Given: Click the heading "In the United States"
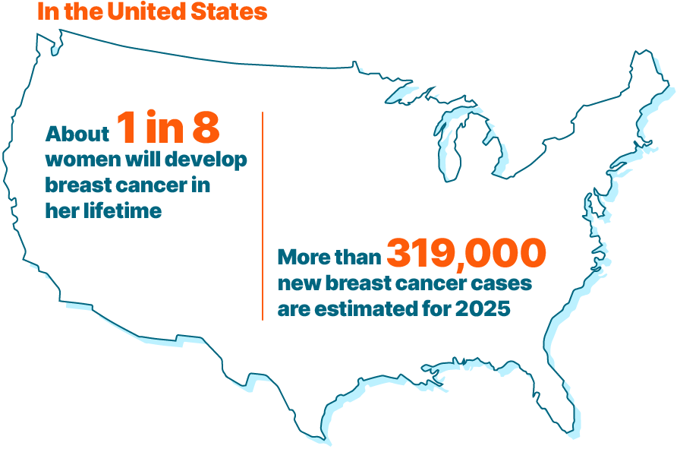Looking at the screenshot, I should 152,12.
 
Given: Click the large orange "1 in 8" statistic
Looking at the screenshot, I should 168,128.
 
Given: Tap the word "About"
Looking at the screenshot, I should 77,134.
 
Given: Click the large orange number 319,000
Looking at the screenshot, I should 466,253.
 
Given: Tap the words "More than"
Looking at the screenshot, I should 329,258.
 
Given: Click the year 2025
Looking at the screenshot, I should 482,309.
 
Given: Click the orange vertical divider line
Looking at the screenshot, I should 263,217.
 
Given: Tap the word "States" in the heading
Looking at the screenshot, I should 235,12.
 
